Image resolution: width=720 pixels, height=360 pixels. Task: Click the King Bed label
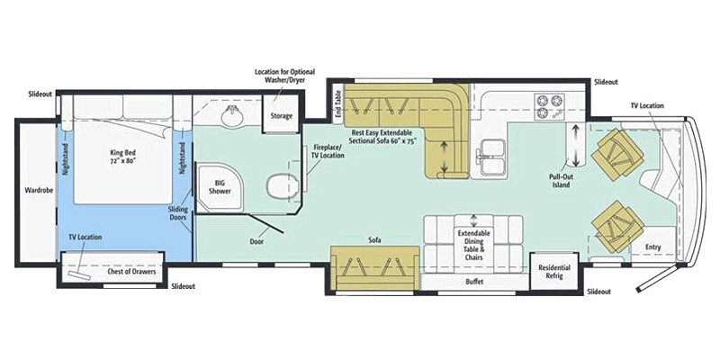(120, 158)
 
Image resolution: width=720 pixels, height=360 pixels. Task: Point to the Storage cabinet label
(281, 115)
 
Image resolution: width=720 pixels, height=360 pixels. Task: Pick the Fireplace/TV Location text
(328, 150)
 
